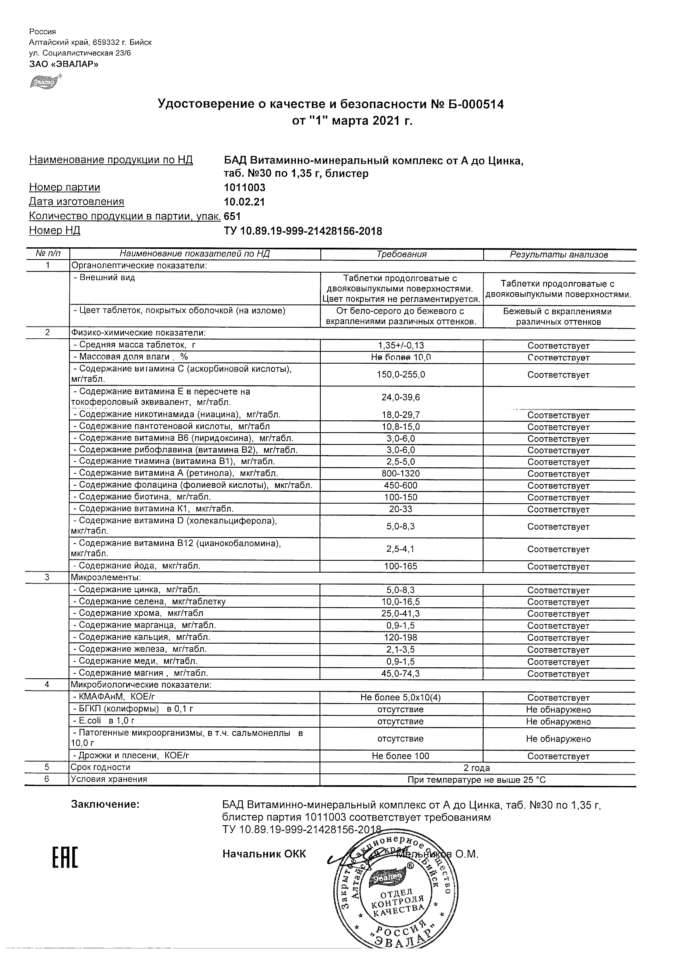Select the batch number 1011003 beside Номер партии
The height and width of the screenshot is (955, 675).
click(x=244, y=188)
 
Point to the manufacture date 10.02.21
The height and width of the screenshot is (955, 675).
click(x=244, y=202)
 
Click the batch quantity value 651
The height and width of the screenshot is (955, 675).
click(x=232, y=216)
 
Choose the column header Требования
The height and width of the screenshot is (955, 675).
click(x=401, y=254)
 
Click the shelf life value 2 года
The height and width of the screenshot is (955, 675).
click(x=477, y=768)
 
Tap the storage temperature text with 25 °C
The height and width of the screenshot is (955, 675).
click(x=477, y=780)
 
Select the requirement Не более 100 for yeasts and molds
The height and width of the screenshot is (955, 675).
click(x=400, y=756)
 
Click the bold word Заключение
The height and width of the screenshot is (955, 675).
click(x=105, y=804)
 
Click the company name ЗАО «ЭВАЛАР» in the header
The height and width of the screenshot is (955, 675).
click(x=64, y=64)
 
